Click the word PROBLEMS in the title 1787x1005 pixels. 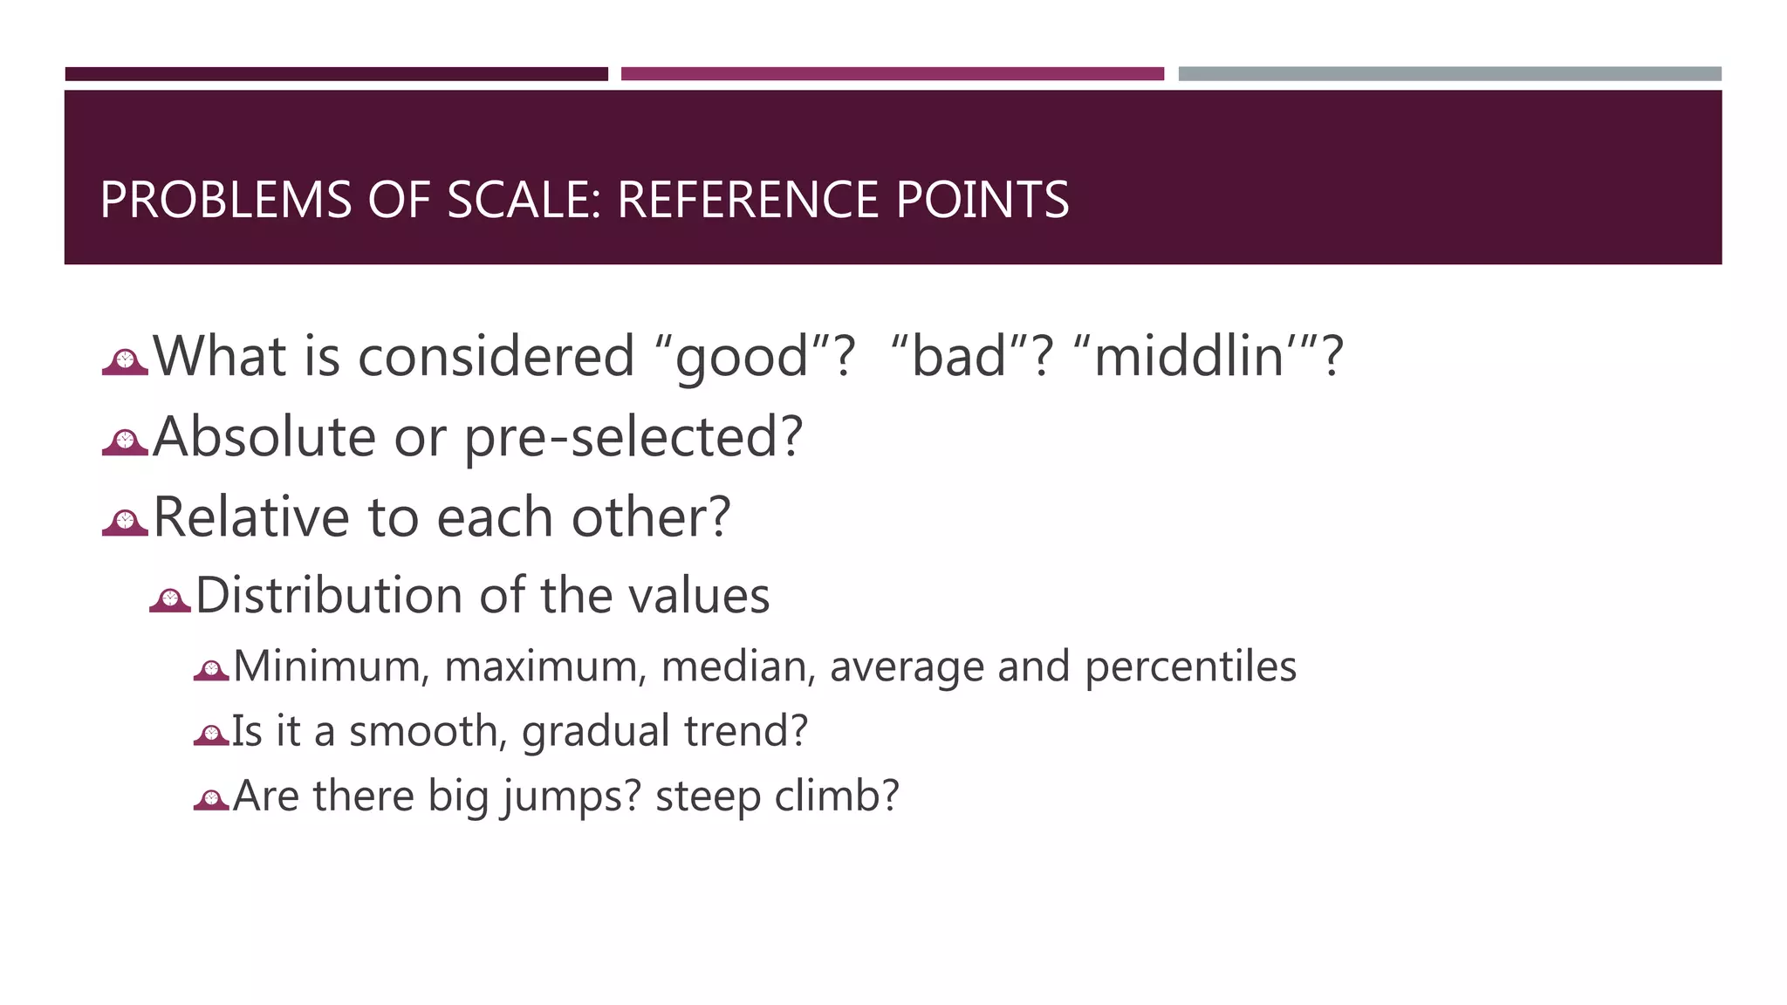click(225, 200)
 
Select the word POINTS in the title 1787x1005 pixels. click(982, 200)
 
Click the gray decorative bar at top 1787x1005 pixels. click(1449, 74)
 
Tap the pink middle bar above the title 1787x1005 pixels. click(892, 74)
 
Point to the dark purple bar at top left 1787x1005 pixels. click(336, 74)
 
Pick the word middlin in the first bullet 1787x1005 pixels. click(1188, 358)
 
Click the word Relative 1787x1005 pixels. click(251, 516)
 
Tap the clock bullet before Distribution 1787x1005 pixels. click(170, 600)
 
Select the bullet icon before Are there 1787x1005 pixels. click(211, 799)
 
